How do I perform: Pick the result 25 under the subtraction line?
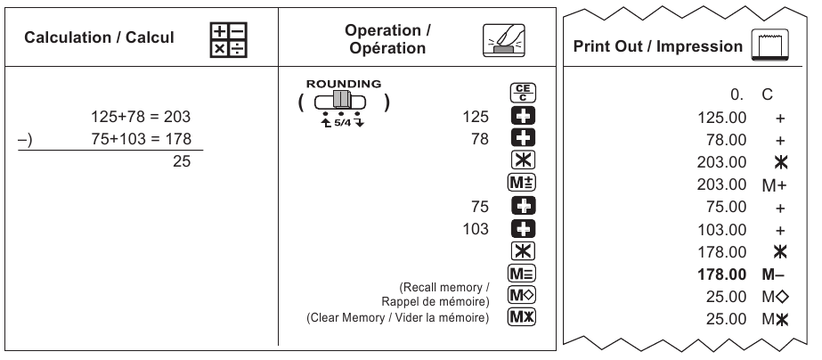coord(182,162)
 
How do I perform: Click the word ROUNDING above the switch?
coord(343,84)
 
